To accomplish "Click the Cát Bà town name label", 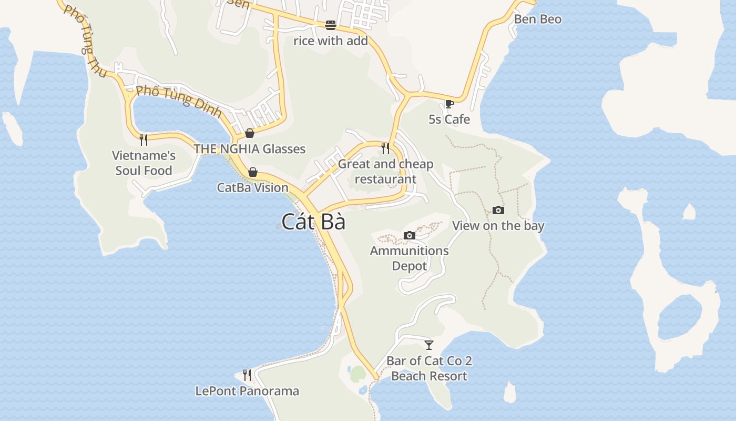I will click(x=313, y=222).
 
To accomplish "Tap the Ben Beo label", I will click(x=537, y=19).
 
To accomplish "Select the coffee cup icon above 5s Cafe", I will click(x=449, y=104).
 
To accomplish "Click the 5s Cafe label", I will click(x=449, y=119).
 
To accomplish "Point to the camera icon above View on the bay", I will click(x=498, y=210).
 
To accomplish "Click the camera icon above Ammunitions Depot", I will click(x=409, y=235).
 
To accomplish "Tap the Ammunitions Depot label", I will click(x=409, y=258).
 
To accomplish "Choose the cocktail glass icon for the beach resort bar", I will click(x=429, y=345).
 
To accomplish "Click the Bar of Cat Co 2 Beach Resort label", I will click(x=429, y=368).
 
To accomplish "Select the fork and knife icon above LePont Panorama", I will click(x=247, y=375).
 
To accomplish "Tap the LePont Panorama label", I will click(x=247, y=391).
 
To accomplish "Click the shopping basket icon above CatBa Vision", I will click(x=253, y=172).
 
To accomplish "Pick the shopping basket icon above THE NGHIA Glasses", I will click(x=250, y=133).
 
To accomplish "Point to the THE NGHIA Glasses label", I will click(x=249, y=149).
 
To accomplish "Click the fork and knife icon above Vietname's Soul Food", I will click(x=144, y=140).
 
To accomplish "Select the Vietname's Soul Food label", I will click(x=144, y=163).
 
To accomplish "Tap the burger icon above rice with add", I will click(x=330, y=25).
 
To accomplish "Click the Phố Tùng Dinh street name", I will click(x=179, y=97).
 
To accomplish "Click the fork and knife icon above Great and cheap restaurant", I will click(x=386, y=148).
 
